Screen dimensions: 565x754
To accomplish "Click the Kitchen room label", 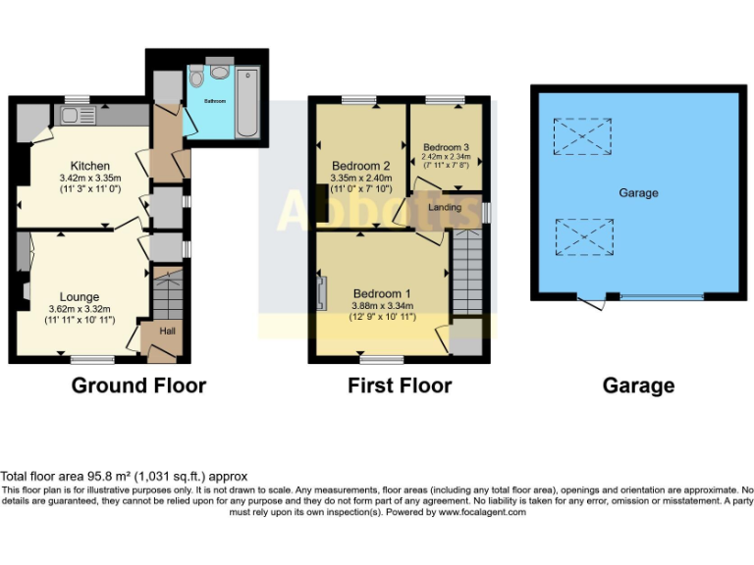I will coord(89,166).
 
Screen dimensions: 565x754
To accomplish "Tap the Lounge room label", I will coord(79,296).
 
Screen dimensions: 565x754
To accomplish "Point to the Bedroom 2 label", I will coord(361,165).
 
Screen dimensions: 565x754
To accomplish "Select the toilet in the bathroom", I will coord(197,77).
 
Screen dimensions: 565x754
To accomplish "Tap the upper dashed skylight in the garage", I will coord(581,135).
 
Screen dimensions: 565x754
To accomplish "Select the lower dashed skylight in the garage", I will coord(581,237).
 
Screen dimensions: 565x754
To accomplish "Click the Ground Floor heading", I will coord(138,385).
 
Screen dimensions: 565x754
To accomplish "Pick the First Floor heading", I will coord(400,385).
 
